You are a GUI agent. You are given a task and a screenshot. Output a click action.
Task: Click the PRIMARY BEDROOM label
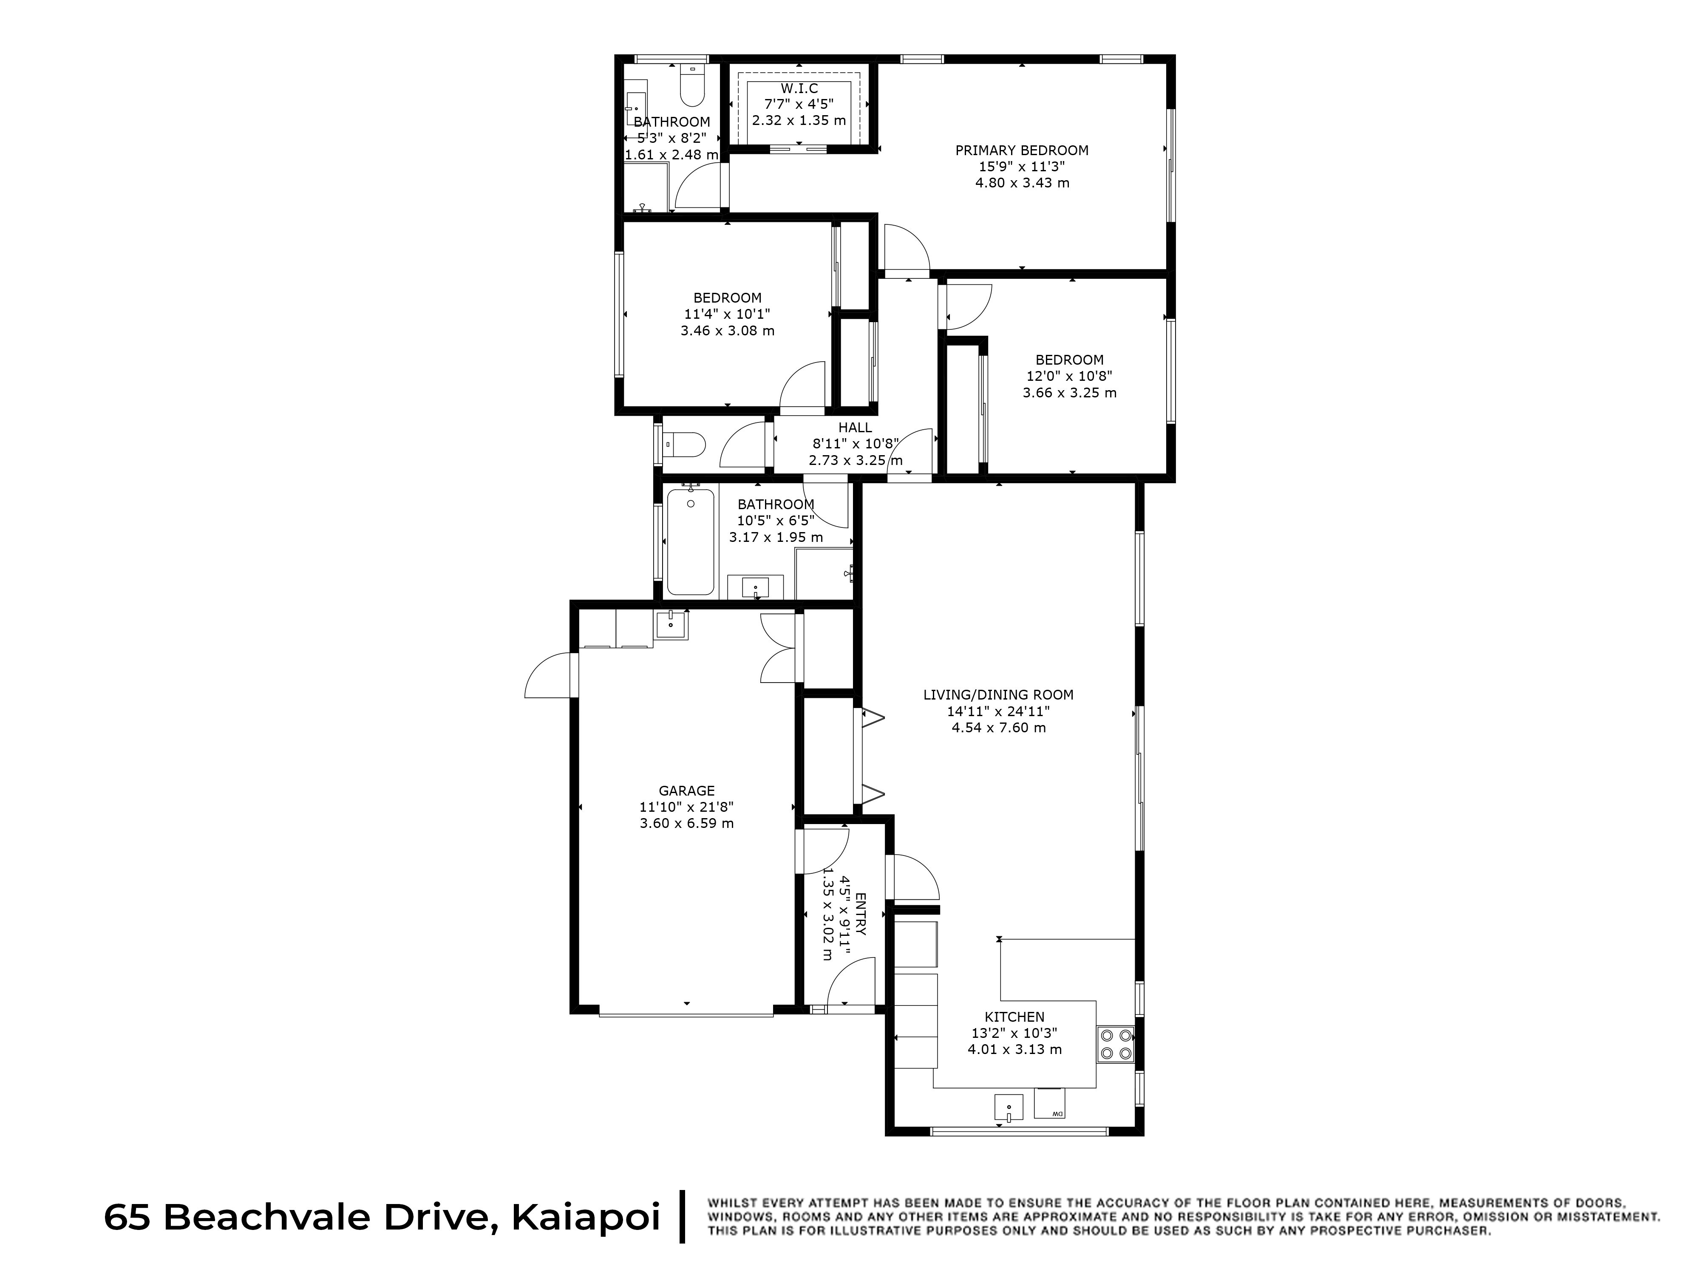(1022, 150)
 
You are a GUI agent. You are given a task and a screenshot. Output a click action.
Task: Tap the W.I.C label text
(799, 88)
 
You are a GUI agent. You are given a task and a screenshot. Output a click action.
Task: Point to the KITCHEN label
(1014, 1017)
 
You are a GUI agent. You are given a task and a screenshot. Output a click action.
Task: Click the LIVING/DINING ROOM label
(998, 695)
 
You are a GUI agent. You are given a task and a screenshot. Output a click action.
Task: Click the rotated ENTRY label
(860, 914)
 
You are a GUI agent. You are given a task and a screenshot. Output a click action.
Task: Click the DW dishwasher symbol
(1049, 1104)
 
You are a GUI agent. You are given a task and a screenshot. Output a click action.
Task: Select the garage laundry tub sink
(671, 625)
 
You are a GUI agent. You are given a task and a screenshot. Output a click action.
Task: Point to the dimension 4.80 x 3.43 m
(1022, 183)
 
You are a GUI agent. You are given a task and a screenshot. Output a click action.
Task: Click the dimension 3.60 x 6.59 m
(686, 823)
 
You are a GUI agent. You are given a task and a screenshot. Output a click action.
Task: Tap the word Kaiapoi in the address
(586, 1217)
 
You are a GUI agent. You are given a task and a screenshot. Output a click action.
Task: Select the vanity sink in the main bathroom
(756, 588)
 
